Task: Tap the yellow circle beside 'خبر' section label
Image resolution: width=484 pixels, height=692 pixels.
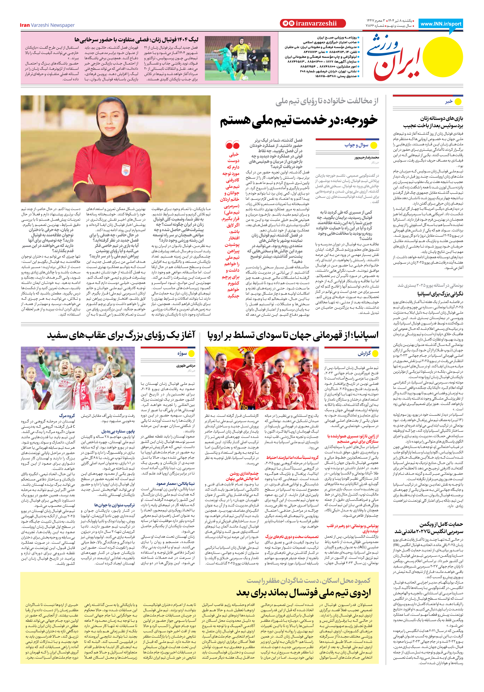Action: (x=458, y=102)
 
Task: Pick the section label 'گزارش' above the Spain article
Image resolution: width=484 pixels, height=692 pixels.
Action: (x=364, y=353)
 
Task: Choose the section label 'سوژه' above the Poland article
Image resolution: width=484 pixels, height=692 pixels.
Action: (x=182, y=353)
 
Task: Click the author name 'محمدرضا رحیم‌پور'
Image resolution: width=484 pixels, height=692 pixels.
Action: (x=366, y=157)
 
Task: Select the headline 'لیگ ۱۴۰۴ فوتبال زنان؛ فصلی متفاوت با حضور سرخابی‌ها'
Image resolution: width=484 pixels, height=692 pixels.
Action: (x=136, y=40)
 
